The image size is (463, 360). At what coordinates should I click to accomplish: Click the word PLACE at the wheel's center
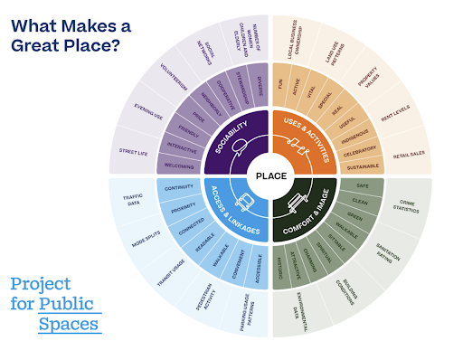coord(271,175)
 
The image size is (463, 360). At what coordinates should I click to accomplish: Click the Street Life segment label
coord(132,152)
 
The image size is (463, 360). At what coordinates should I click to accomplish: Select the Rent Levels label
coord(395,116)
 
